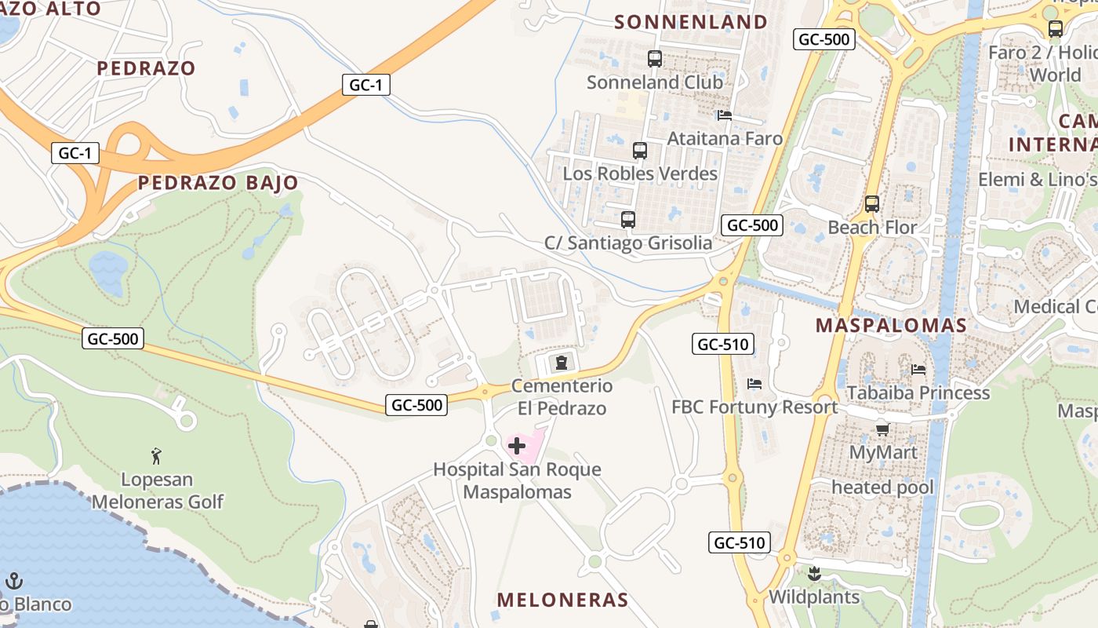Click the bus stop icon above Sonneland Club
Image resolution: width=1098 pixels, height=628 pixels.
(x=655, y=59)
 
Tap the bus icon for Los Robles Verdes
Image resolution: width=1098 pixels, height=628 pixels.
(x=640, y=151)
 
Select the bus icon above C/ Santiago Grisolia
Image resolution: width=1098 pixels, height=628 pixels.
(x=627, y=220)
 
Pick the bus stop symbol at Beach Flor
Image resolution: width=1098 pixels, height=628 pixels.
(x=872, y=204)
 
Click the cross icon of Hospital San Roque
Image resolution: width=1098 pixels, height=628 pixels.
(x=517, y=447)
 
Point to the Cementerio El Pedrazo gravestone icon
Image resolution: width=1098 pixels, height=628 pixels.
(x=562, y=363)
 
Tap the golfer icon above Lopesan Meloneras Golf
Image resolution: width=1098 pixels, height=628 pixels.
(x=156, y=455)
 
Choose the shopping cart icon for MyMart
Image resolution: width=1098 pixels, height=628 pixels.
(x=883, y=429)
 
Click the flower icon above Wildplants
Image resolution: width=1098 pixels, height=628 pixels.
(x=814, y=574)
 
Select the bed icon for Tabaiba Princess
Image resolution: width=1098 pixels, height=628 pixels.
(x=918, y=369)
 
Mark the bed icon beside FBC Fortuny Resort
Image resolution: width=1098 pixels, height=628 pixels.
(x=754, y=384)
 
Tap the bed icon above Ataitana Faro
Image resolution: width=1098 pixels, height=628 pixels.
(x=725, y=115)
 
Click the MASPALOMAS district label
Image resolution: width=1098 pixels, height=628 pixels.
(x=890, y=325)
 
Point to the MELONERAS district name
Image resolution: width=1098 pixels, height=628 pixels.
(x=562, y=601)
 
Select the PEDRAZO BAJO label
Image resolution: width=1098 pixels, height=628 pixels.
(x=218, y=183)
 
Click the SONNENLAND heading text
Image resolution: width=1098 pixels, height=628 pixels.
(x=691, y=22)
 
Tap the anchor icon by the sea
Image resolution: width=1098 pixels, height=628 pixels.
(x=14, y=581)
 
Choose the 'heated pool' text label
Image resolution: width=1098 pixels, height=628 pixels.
(x=882, y=487)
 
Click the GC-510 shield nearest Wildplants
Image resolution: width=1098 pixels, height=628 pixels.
(x=740, y=542)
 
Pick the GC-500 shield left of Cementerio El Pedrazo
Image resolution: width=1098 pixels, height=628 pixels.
(x=416, y=405)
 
